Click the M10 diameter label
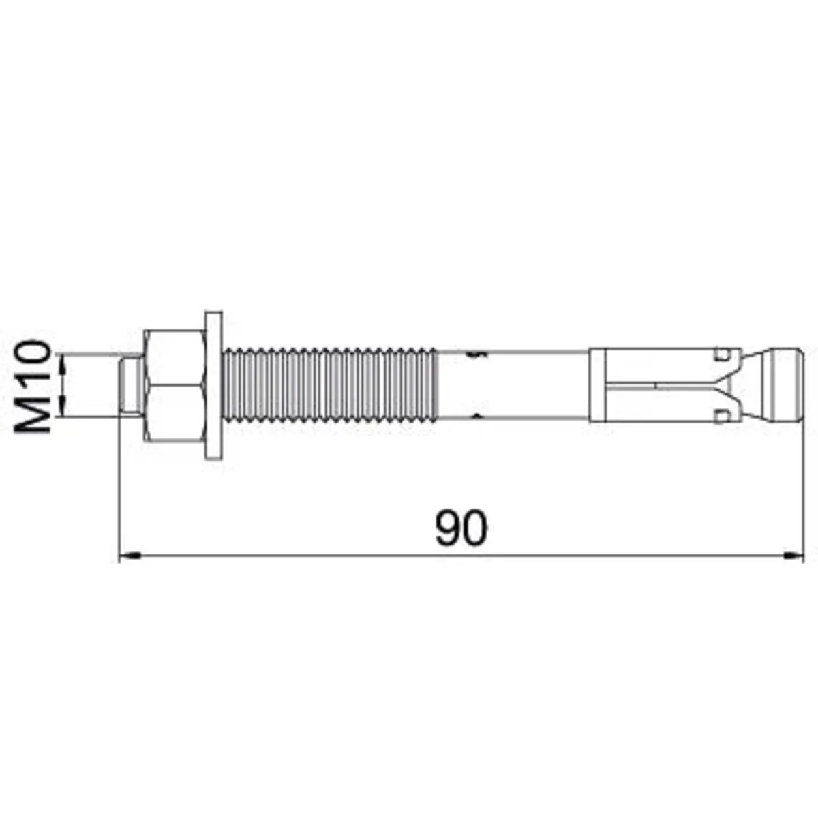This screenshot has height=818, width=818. (32, 386)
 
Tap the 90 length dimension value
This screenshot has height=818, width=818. (461, 528)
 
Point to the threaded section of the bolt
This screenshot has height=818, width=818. (330, 385)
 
